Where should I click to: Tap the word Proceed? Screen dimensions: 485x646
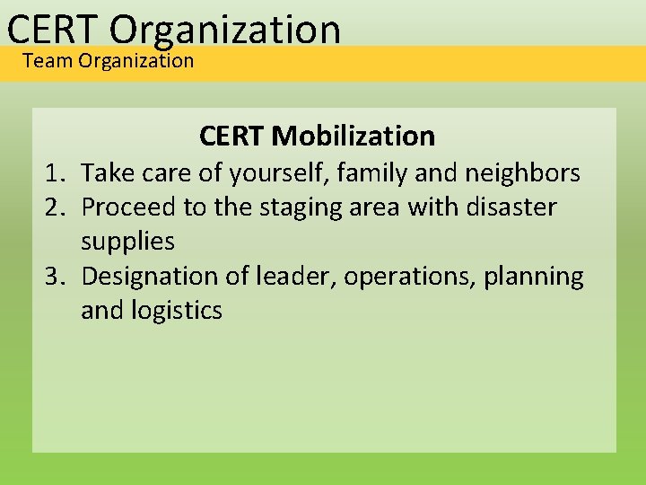[x=129, y=207]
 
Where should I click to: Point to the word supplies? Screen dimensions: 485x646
[x=127, y=242]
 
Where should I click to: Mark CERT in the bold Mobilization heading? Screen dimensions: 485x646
[x=231, y=137]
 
